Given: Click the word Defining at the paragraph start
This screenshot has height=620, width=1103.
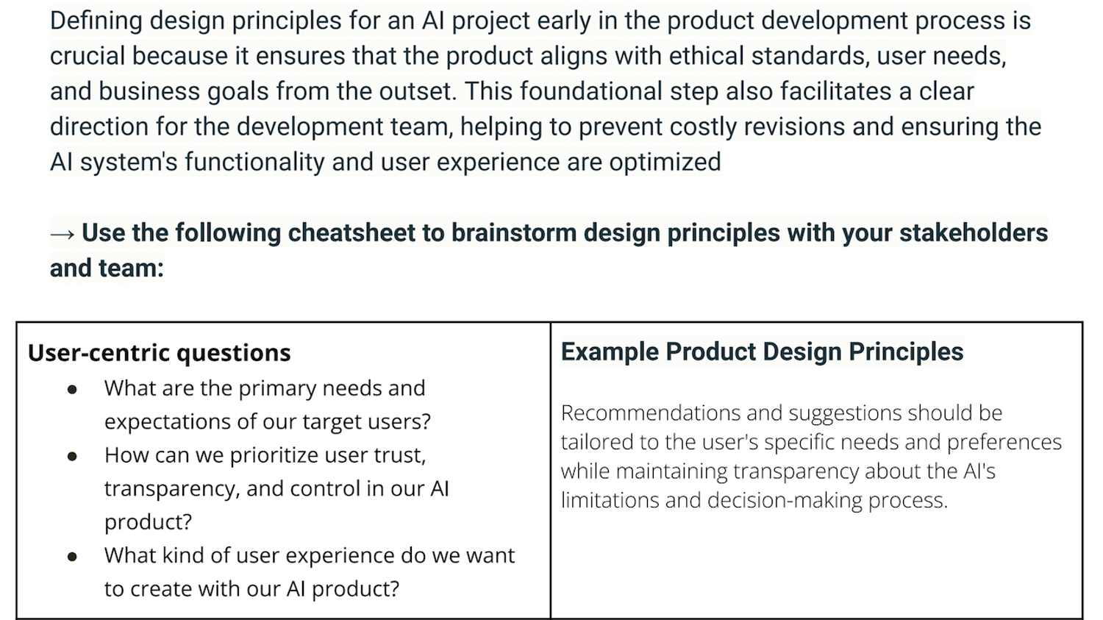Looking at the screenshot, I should pos(96,21).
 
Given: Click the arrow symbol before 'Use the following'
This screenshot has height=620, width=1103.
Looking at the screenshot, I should pos(62,234).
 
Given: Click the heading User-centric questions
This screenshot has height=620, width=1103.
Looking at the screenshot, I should pos(159,353).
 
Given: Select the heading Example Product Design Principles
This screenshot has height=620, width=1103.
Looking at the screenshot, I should pos(762,352).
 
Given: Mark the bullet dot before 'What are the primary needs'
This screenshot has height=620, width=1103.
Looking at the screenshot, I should pos(72,390).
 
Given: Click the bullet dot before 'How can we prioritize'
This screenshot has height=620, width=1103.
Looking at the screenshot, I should pos(72,457).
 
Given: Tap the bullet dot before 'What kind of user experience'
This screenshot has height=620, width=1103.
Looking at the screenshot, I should pos(72,557).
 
